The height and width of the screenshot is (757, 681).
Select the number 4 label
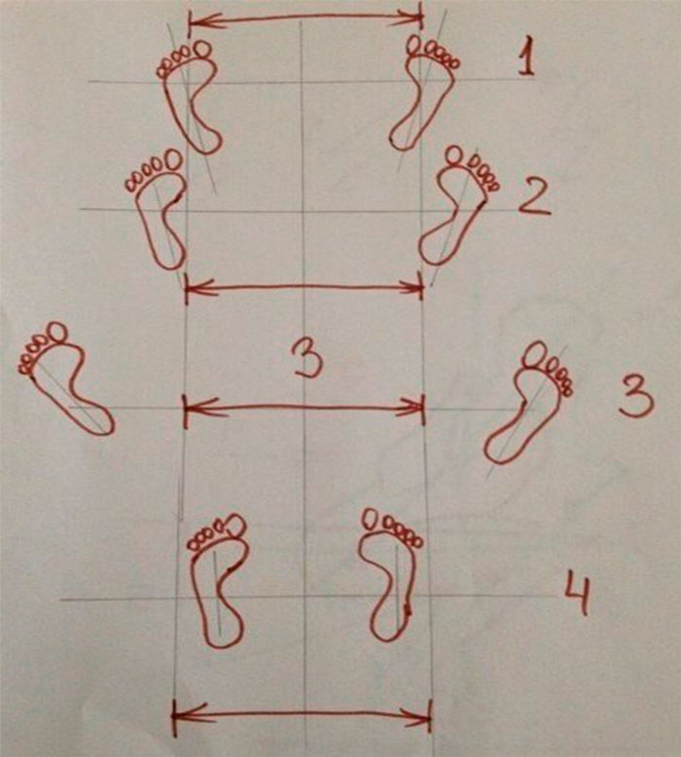click(578, 593)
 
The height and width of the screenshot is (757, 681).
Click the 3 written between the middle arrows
click(308, 361)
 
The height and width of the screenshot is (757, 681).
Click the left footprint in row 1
click(188, 96)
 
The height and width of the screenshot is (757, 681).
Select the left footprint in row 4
click(217, 579)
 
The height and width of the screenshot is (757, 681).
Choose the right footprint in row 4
click(392, 574)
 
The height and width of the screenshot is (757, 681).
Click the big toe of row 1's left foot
click(201, 49)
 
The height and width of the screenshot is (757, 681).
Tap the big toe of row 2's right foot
click(453, 156)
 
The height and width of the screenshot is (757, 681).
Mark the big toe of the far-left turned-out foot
click(58, 332)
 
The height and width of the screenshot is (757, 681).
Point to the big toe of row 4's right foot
click(372, 519)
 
